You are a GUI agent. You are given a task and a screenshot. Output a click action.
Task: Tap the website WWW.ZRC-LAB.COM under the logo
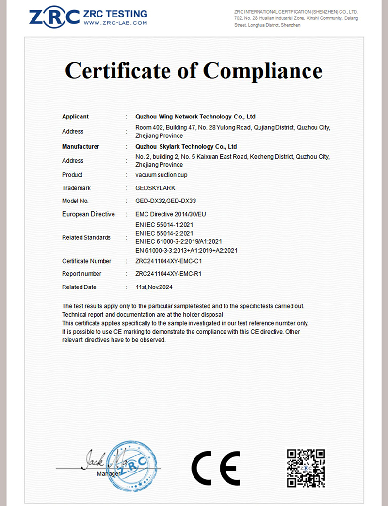115,23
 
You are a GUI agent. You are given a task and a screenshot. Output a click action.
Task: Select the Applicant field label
75,117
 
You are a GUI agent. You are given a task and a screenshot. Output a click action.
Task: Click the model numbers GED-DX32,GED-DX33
166,201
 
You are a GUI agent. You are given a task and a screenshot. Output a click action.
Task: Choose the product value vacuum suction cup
162,175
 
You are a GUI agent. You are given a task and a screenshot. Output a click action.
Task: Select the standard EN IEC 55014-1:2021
165,225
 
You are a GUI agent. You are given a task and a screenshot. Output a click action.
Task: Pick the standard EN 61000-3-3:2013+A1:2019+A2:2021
187,251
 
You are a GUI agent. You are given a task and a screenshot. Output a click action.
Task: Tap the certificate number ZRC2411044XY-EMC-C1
168,261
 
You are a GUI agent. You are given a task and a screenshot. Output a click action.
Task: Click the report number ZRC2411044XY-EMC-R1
168,274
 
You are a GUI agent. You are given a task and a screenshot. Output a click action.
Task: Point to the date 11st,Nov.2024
154,287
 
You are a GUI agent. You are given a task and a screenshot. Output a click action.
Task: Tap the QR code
306,468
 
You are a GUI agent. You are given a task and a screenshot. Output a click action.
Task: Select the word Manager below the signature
108,473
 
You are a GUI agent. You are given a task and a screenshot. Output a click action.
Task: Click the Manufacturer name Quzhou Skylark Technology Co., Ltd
186,146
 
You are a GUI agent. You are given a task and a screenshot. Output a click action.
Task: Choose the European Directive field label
88,214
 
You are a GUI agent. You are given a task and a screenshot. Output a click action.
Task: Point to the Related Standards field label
86,238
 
